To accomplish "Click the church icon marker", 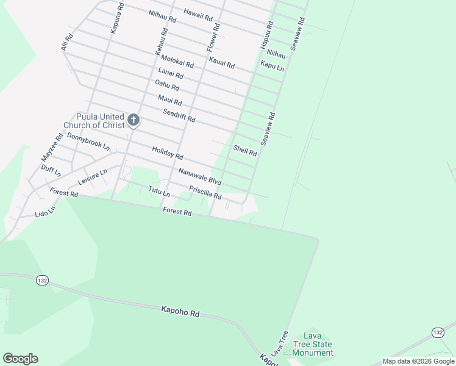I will tap(134, 120).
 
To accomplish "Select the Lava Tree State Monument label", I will tap(313, 345).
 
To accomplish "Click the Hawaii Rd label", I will tap(198, 13).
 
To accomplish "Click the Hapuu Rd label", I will tap(266, 35).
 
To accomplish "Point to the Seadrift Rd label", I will tap(179, 115).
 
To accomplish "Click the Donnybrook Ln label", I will tap(88, 142).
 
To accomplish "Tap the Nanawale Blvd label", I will tap(199, 178).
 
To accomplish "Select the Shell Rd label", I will tap(245, 151).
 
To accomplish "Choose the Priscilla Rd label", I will tap(205, 193).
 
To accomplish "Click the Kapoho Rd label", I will tap(180, 312).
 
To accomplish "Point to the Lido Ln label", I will tap(45, 213).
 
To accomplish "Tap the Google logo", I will tap(20, 359).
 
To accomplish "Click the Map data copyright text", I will tap(418, 361).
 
